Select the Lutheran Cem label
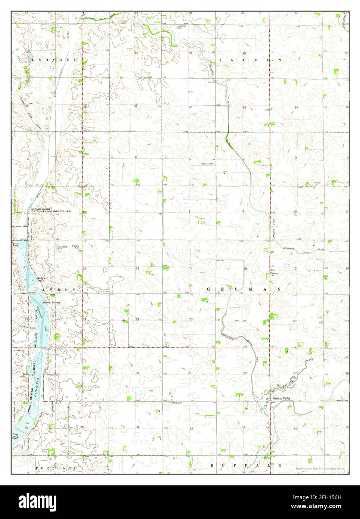click(x=182, y=27)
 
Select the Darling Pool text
click(x=36, y=388)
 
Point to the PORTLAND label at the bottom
click(x=56, y=468)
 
